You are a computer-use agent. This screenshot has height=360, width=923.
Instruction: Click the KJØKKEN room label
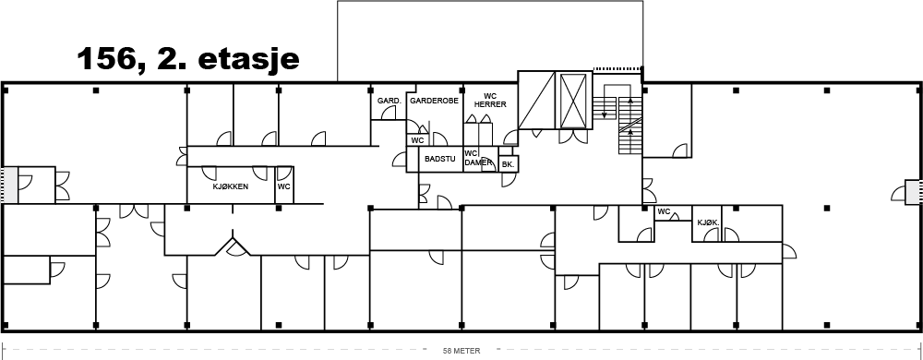(x=230, y=187)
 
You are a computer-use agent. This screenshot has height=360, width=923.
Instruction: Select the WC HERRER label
(x=490, y=100)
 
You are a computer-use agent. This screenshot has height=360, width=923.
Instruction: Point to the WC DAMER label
(x=478, y=158)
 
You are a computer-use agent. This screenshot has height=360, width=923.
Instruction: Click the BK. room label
(x=508, y=165)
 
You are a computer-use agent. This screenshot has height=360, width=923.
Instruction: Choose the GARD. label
(x=390, y=101)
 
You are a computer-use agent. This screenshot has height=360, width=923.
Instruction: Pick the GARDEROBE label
(x=435, y=101)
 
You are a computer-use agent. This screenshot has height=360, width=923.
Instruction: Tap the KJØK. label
(x=708, y=223)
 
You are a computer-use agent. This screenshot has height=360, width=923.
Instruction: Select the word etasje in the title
(x=249, y=60)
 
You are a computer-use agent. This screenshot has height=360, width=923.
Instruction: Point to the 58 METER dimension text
(x=461, y=351)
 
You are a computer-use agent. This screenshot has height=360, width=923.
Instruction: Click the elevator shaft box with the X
(x=574, y=100)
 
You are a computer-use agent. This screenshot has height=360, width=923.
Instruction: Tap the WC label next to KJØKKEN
(x=284, y=187)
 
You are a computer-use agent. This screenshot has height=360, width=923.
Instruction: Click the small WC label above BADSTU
(x=417, y=140)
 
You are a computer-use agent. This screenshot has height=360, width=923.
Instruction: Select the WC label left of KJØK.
(x=664, y=211)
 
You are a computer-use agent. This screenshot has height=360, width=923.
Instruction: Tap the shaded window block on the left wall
(x=9, y=185)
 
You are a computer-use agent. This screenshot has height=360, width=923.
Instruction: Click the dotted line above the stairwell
(x=617, y=69)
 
